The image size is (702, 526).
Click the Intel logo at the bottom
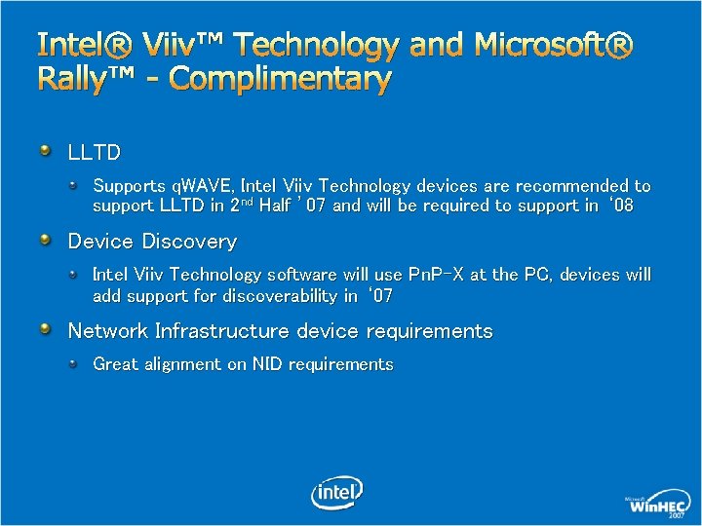pyautogui.click(x=337, y=492)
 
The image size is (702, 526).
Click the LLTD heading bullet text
pyautogui.click(x=94, y=153)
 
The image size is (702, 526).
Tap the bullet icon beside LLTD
pyautogui.click(x=46, y=151)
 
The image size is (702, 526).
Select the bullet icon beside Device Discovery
pyautogui.click(x=46, y=240)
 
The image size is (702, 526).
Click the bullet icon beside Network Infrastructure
pyautogui.click(x=46, y=329)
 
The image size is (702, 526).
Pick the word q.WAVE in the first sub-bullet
pyautogui.click(x=199, y=185)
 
